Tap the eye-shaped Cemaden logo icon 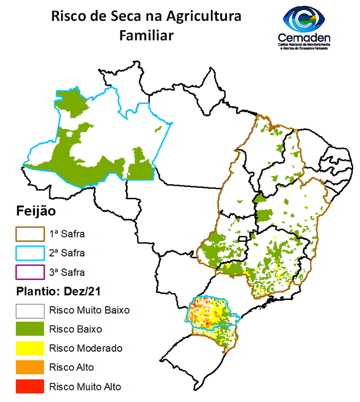(304, 18)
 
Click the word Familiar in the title (146, 35)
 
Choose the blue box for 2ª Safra (29, 253)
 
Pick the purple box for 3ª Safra (29, 273)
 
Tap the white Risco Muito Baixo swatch (29, 310)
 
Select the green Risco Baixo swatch (29, 330)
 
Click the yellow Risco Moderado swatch (29, 349)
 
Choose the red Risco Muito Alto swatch (29, 387)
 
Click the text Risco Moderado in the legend (85, 348)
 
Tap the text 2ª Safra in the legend (67, 253)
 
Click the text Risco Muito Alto (85, 387)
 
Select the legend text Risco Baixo (75, 329)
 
